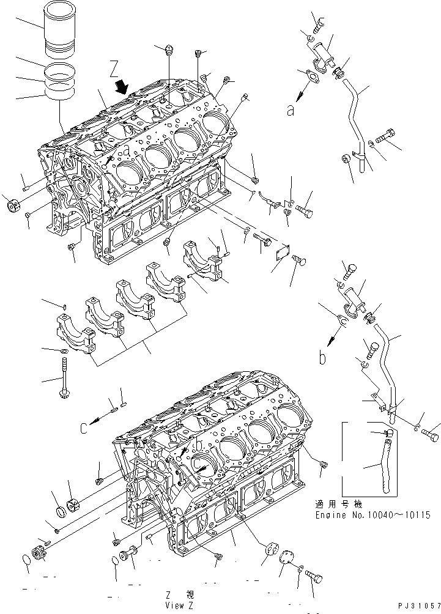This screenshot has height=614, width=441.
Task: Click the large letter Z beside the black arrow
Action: click(114, 67)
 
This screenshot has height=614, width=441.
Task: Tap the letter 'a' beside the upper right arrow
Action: click(289, 110)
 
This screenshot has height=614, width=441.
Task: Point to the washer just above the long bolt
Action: click(64, 351)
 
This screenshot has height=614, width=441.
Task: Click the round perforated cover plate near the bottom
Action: click(286, 563)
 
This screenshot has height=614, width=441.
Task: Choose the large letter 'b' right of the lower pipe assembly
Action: click(322, 358)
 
